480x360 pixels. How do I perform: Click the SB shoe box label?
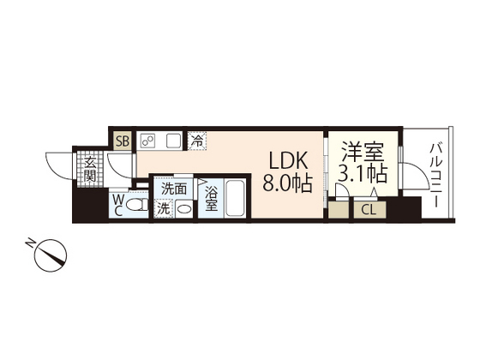[122, 141]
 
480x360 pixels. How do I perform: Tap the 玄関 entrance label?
[88, 169]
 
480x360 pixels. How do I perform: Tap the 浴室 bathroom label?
[211, 199]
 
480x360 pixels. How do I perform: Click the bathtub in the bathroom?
[235, 199]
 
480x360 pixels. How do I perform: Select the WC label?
[117, 206]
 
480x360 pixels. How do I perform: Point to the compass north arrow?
[54, 254]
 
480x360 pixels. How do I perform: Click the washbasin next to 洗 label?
[183, 208]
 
